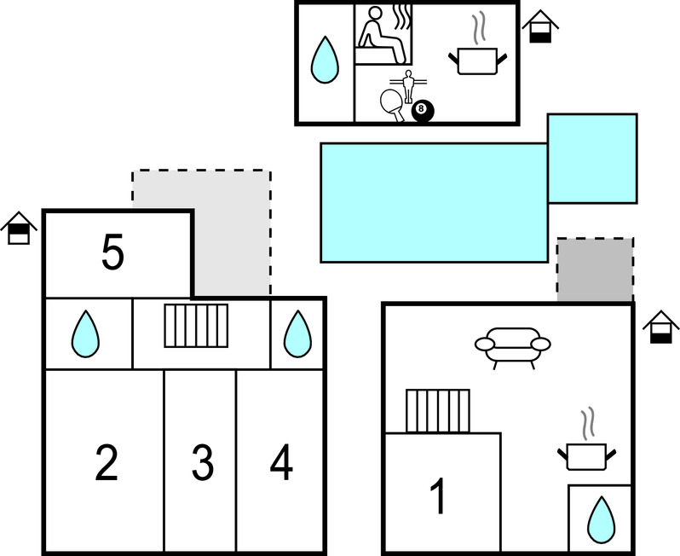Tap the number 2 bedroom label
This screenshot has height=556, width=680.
point(106,462)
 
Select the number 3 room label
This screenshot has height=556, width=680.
point(201,462)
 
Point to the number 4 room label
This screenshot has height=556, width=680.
point(281,462)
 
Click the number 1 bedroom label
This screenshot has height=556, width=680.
point(438,496)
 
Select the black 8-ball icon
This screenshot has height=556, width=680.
point(422,110)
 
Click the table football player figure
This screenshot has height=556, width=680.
point(407,85)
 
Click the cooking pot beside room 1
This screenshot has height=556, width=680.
point(585,452)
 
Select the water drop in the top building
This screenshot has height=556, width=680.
point(323,60)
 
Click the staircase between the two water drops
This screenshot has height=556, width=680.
point(196,326)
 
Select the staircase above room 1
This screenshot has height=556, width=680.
point(438,410)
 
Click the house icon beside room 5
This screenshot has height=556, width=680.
point(19,228)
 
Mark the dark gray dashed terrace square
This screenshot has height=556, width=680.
point(595,270)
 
